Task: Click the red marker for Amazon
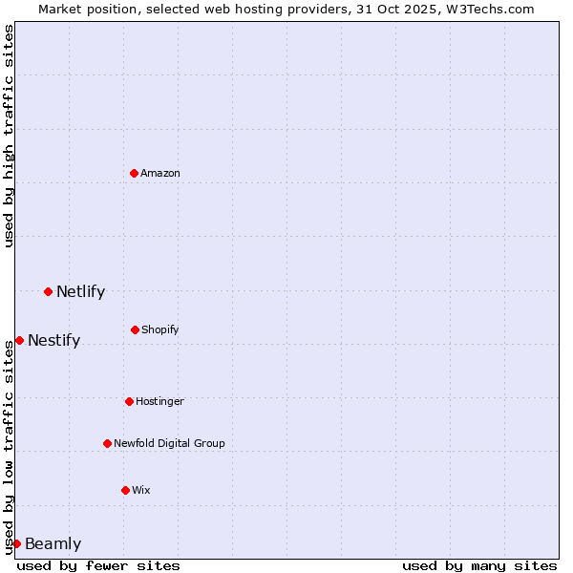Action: point(134,173)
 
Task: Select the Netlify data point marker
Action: point(48,291)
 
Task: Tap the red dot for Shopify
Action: point(135,329)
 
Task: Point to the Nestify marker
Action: point(19,340)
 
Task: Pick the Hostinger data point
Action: point(129,401)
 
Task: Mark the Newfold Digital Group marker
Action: point(107,443)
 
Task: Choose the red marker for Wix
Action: point(125,490)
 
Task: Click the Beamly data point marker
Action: point(16,543)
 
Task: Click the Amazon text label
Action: point(160,173)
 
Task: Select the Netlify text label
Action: point(80,291)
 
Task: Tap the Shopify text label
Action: point(160,329)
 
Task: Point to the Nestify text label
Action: point(53,340)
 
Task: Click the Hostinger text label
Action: point(159,401)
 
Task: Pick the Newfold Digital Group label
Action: point(169,443)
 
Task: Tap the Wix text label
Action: point(141,490)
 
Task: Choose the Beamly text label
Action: point(53,543)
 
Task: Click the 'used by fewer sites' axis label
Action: point(98,565)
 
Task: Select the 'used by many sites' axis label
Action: point(479,565)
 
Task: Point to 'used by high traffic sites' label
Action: point(9,136)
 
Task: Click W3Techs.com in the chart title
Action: point(488,9)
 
